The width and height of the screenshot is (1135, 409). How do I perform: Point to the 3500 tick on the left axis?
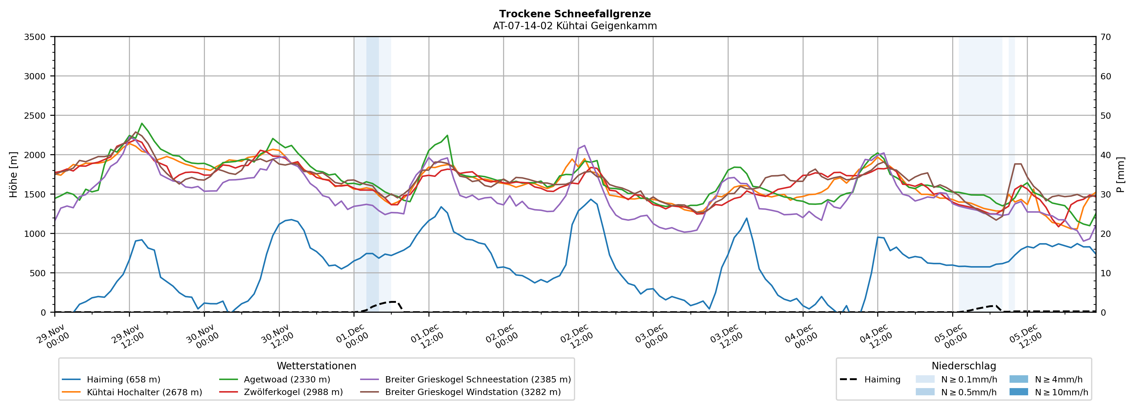pyautogui.click(x=35, y=37)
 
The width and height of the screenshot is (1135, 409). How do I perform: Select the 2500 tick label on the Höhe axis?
pyautogui.click(x=35, y=116)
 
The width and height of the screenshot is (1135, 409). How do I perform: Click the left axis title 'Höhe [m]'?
pyautogui.click(x=14, y=174)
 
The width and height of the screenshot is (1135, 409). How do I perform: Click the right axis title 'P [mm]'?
pyautogui.click(x=1120, y=174)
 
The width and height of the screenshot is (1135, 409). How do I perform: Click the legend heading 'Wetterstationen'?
pyautogui.click(x=316, y=366)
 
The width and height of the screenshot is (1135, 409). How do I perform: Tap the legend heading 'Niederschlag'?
pyautogui.click(x=964, y=366)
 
